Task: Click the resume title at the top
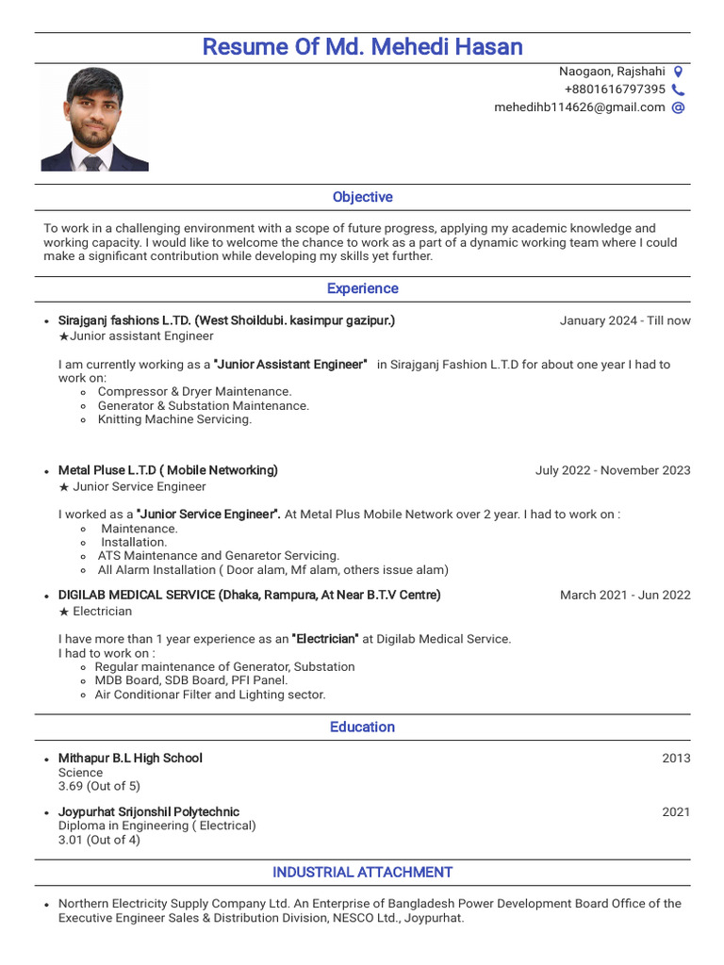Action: [362, 47]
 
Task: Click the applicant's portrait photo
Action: [94, 120]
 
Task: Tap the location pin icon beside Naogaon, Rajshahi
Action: [678, 72]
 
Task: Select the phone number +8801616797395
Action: [615, 90]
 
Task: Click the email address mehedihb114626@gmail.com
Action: [579, 107]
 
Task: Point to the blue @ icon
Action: [678, 107]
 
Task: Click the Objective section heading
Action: [362, 197]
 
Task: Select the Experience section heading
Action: [362, 288]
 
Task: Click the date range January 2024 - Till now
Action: [624, 320]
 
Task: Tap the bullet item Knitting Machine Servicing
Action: [174, 419]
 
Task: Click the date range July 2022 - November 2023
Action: [613, 470]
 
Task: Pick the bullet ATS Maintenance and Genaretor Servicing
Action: [218, 556]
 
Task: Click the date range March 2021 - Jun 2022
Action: [624, 595]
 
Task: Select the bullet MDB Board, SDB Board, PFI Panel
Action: [191, 680]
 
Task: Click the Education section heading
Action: [362, 727]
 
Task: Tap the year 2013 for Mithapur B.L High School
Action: [676, 759]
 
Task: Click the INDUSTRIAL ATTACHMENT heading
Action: [362, 872]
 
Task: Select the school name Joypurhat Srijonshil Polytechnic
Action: [149, 811]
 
